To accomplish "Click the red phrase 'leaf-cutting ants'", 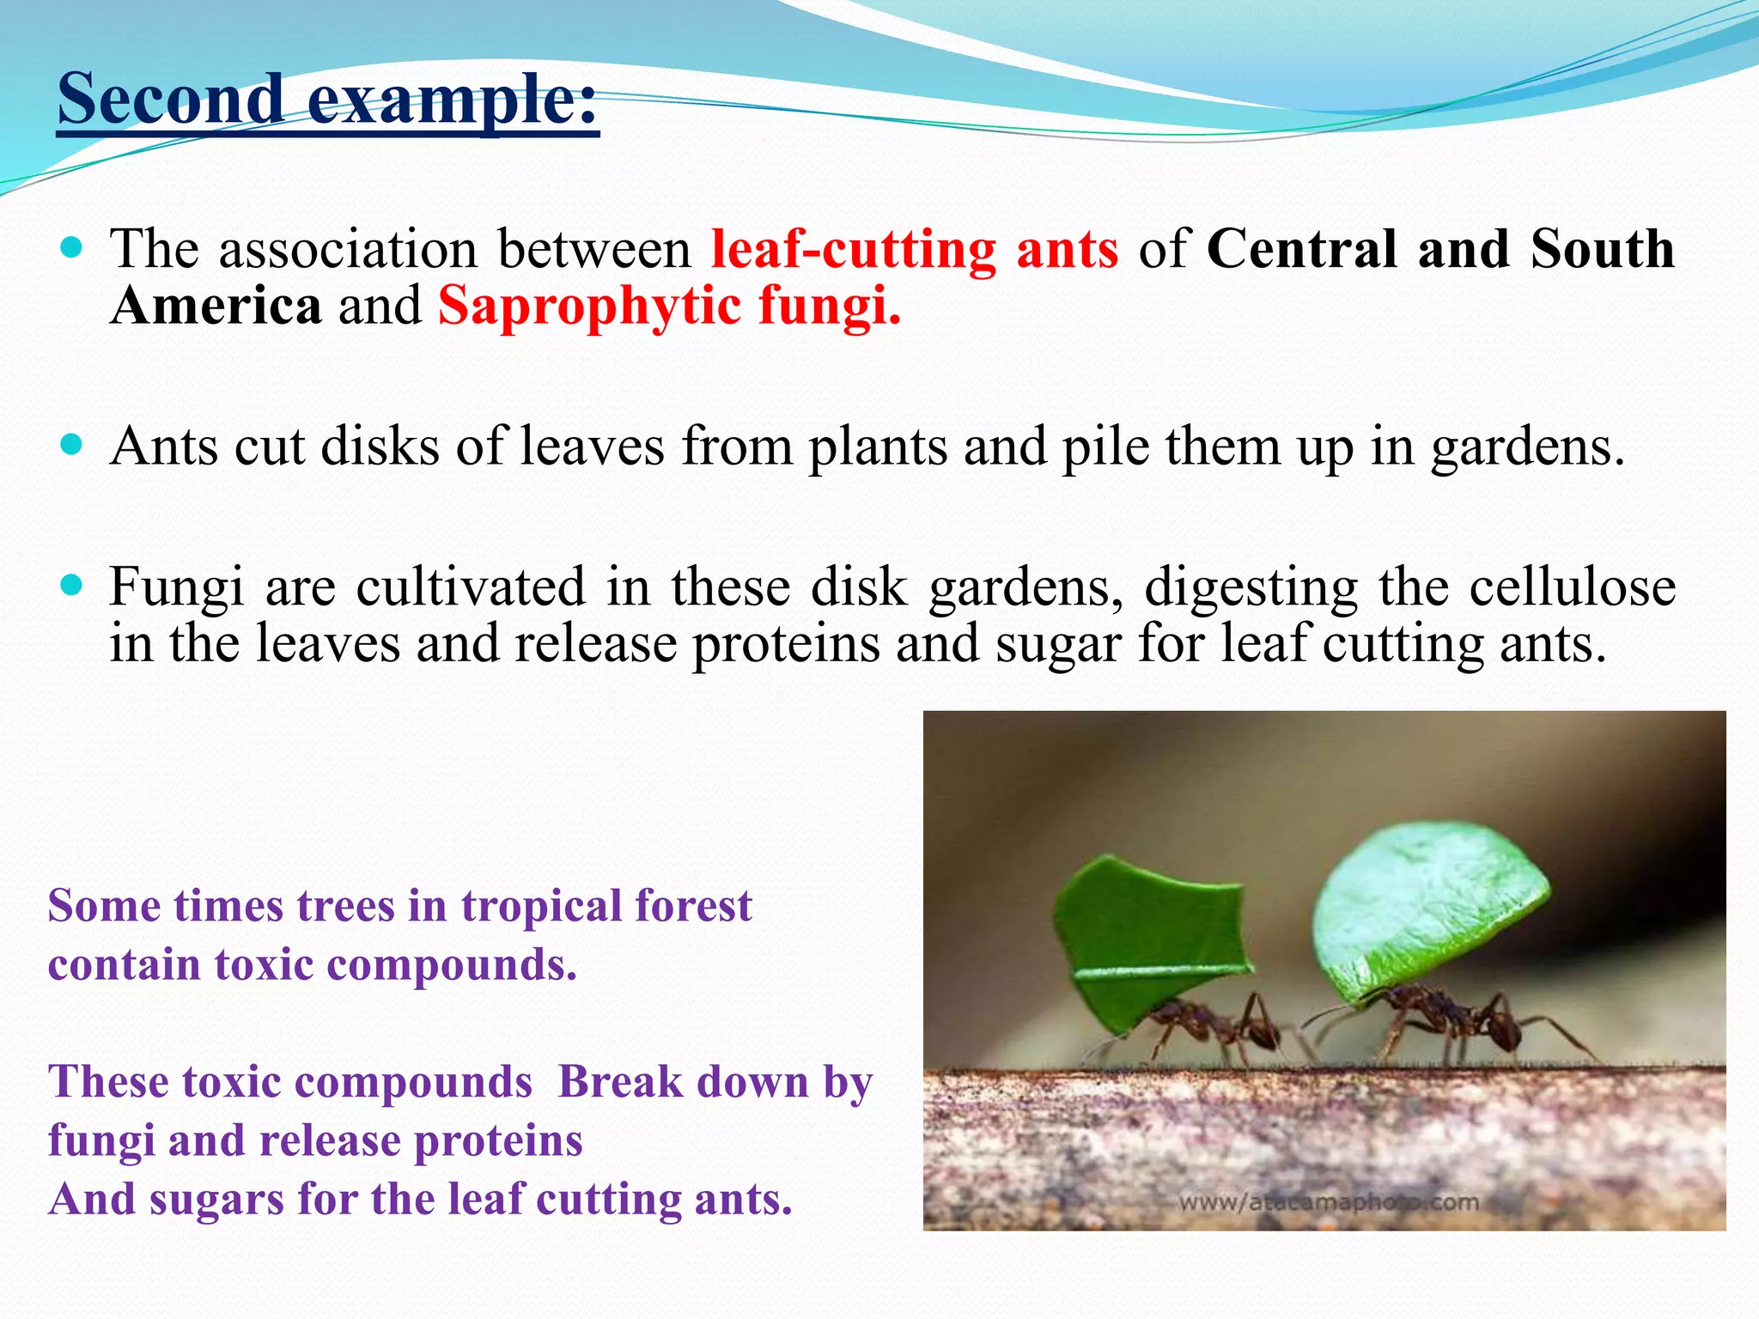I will click(x=915, y=249).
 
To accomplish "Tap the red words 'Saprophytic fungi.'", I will click(x=670, y=307).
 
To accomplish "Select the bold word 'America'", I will click(x=216, y=307).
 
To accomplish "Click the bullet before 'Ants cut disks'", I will click(x=73, y=444).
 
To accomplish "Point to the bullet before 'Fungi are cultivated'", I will click(x=73, y=586).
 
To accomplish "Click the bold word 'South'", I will click(x=1602, y=249).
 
